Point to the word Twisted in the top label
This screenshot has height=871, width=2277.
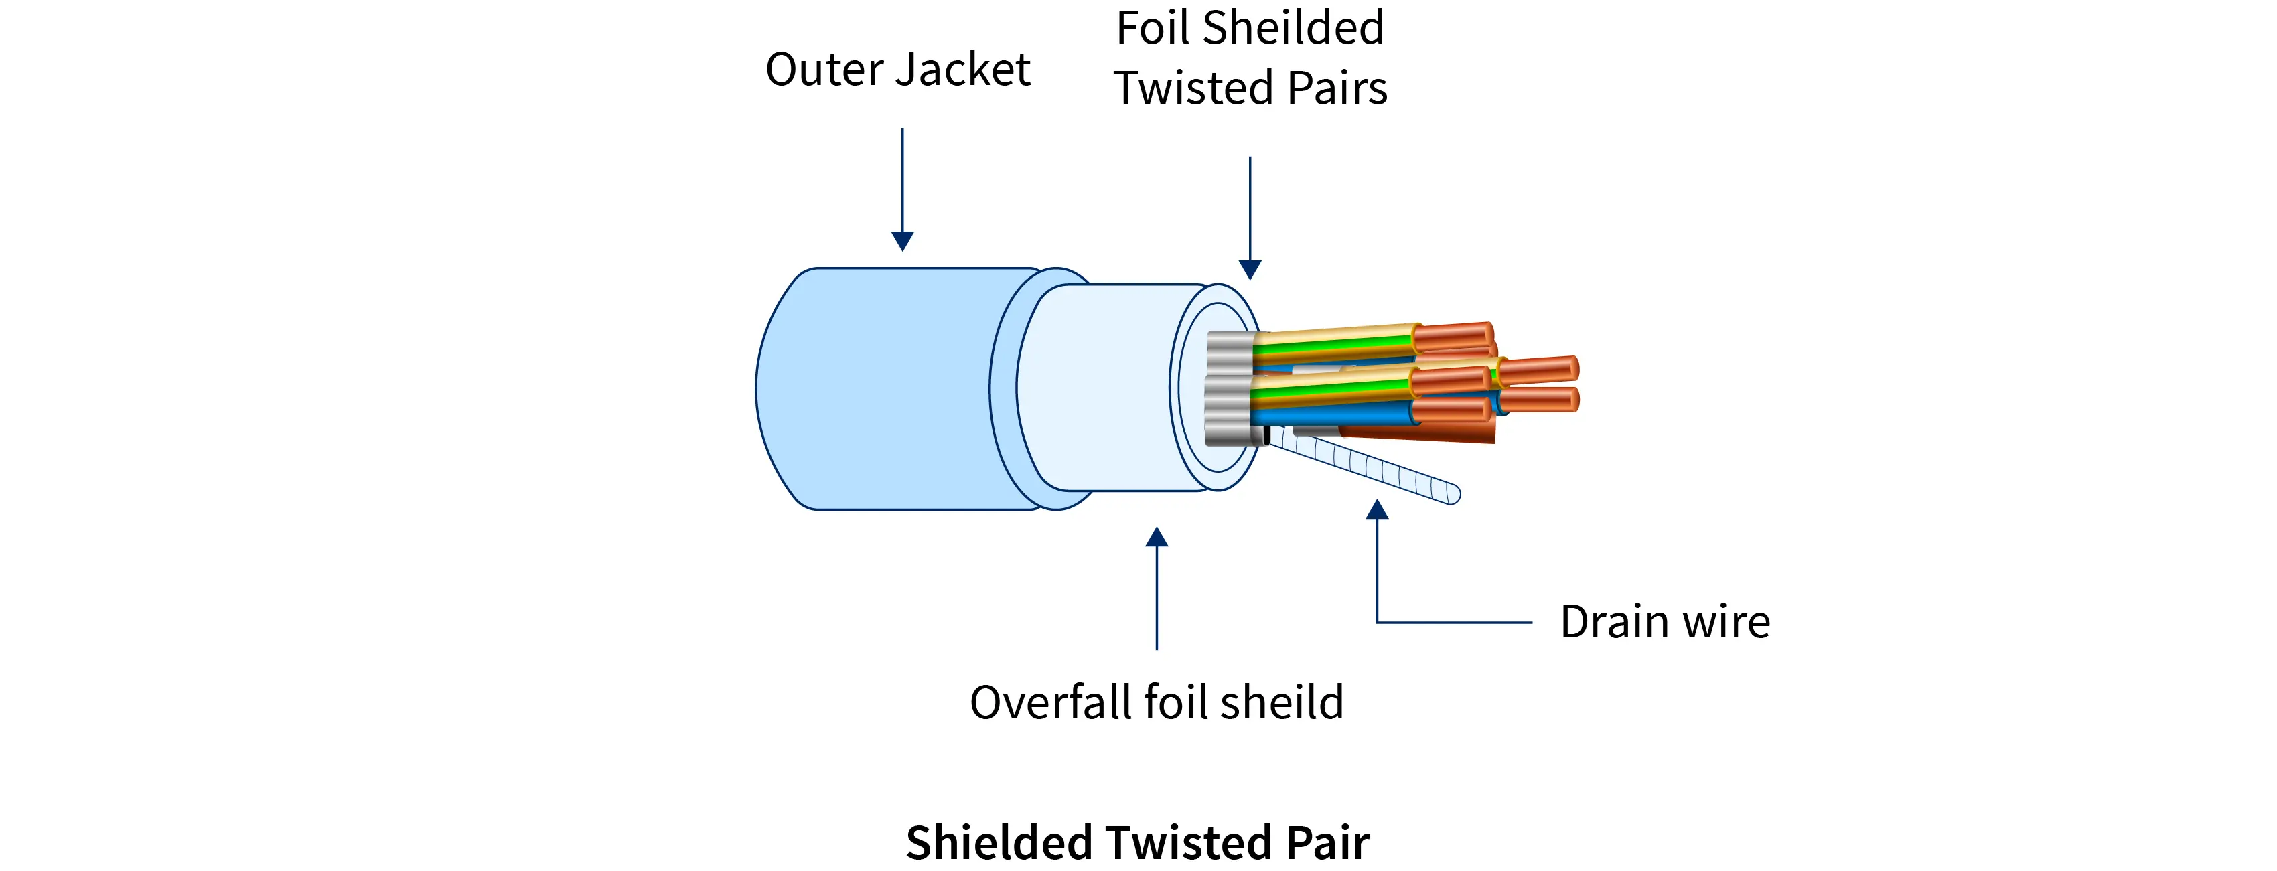1193,88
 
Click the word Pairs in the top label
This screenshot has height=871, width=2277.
1337,88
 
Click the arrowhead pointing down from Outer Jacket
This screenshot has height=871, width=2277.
903,240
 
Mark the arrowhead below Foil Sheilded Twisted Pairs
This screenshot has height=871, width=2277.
1250,269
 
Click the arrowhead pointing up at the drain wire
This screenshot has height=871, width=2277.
1377,509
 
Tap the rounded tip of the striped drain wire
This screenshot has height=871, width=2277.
1453,495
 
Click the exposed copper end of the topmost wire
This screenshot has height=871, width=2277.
1454,335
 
